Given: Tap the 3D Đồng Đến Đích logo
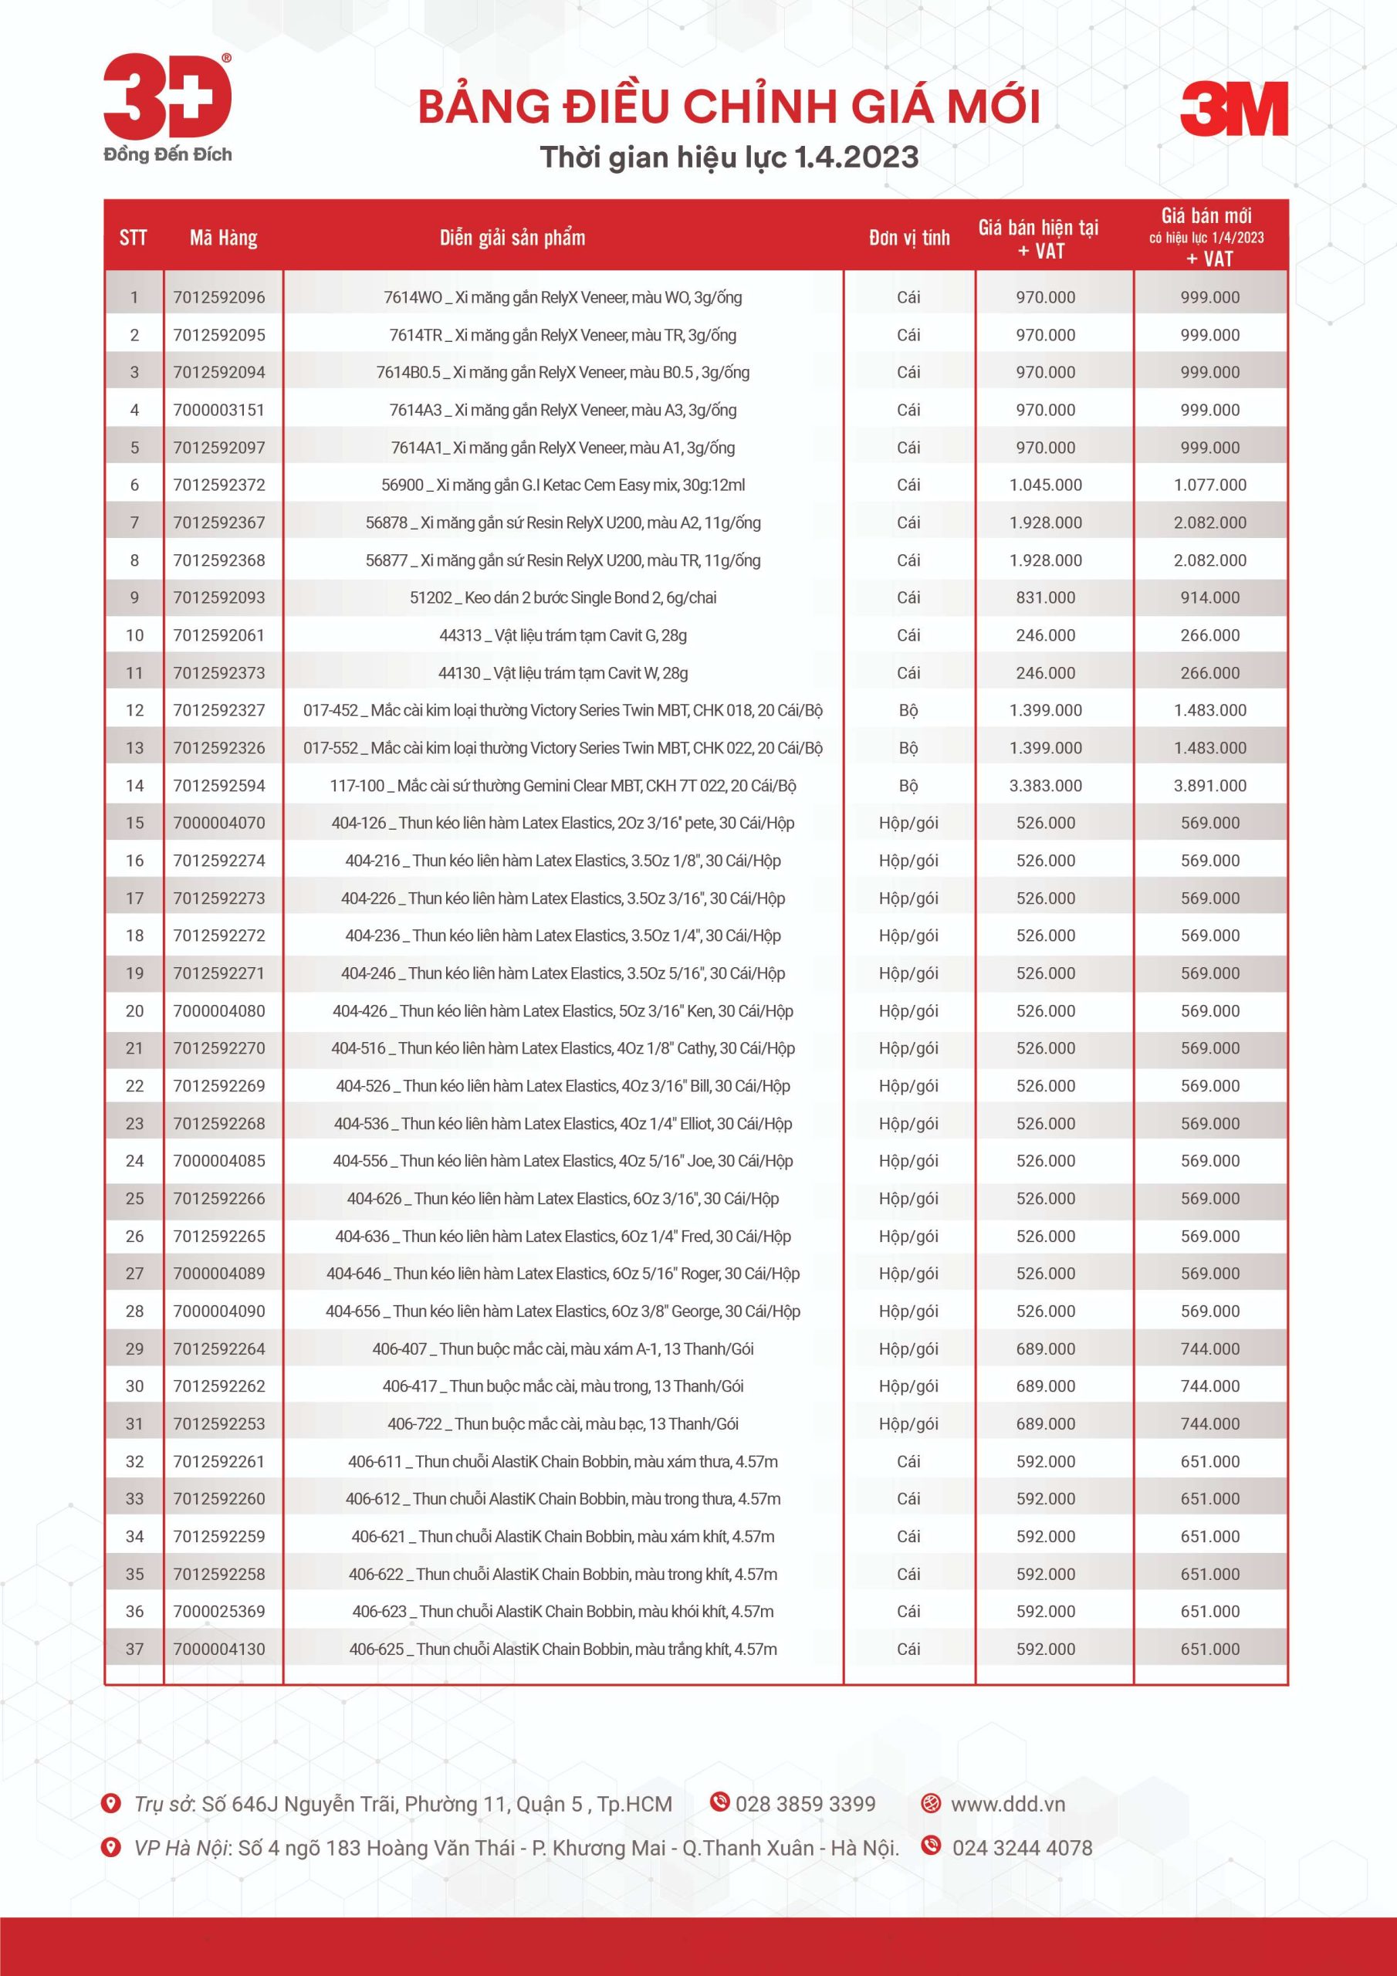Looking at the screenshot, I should click(x=167, y=107).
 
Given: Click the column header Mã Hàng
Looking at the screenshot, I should click(x=223, y=238).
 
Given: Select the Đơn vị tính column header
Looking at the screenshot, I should click(x=909, y=238).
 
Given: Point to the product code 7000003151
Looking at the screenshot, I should click(x=218, y=410).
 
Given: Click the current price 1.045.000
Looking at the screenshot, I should click(x=1045, y=485).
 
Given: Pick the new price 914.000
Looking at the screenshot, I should click(x=1209, y=597).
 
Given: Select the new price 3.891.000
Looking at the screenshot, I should click(x=1209, y=785).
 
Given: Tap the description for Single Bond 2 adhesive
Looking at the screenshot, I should click(x=563, y=597).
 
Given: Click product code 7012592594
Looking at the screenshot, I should click(x=218, y=785).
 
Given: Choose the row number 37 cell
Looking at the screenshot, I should click(x=134, y=1649).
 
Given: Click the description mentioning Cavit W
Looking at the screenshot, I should click(x=563, y=673).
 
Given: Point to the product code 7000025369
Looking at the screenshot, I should click(x=218, y=1611).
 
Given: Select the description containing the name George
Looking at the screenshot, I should click(x=563, y=1311).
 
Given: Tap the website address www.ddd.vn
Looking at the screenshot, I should click(x=1007, y=1804).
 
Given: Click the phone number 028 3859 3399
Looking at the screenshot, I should click(x=805, y=1804).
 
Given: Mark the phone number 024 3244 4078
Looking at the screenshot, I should click(x=1022, y=1848).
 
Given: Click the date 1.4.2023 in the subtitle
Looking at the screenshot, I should click(x=856, y=157).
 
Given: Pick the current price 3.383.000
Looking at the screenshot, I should click(x=1045, y=785).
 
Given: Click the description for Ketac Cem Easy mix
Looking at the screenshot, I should click(x=563, y=485).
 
